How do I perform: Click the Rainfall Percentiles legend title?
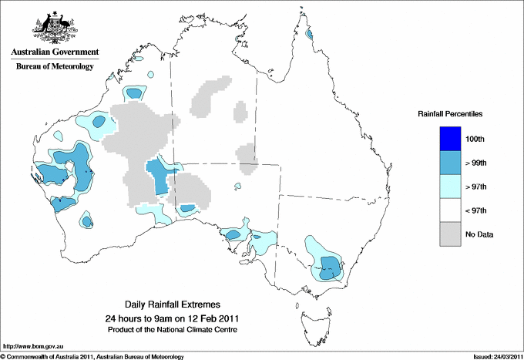tap(450, 114)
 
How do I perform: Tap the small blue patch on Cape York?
tap(309, 34)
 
